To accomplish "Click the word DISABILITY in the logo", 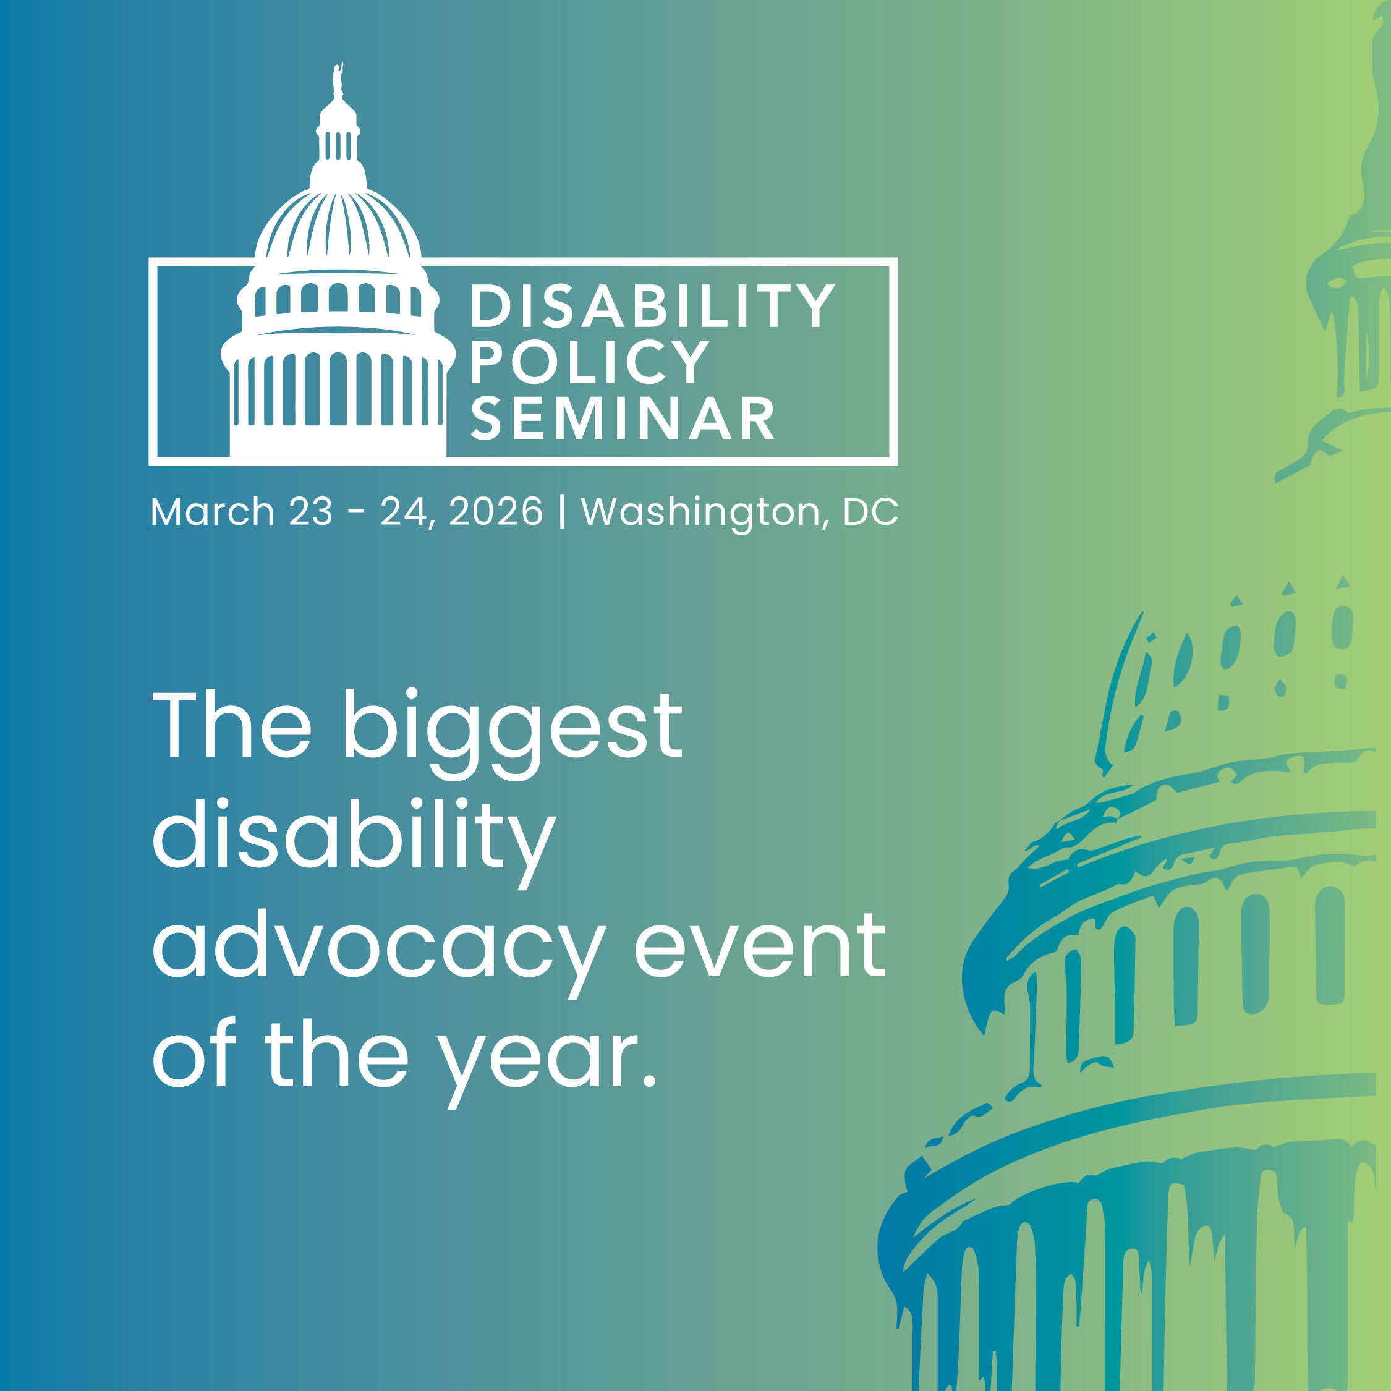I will click(652, 306).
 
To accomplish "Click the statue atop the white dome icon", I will click(337, 79).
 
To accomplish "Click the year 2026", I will click(495, 512).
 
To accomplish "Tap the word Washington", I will click(700, 512).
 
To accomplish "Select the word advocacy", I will click(378, 946).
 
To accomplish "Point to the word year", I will click(538, 1058).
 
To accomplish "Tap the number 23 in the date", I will click(310, 512).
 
